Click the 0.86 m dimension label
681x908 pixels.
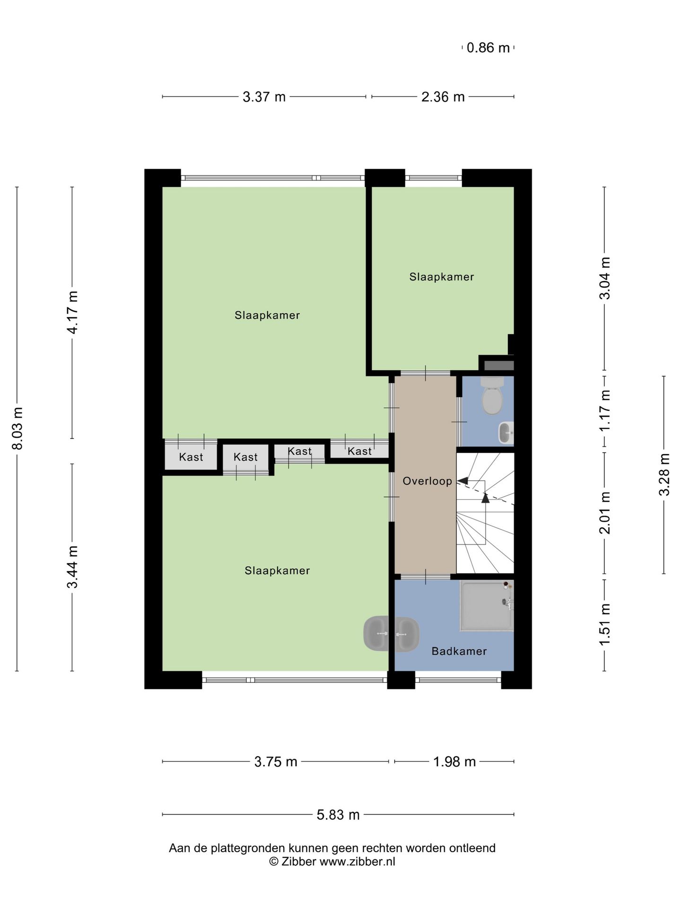point(488,48)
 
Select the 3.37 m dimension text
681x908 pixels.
point(264,97)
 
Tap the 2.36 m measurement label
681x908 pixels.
point(443,97)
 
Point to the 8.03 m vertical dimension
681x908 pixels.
point(17,428)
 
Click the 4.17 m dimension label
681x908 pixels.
point(72,312)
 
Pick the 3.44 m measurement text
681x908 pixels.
point(72,567)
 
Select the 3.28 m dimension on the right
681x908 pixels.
point(664,474)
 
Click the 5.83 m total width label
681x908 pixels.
point(338,815)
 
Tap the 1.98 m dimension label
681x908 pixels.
point(454,762)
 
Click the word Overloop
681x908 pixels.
point(427,481)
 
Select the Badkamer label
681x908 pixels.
point(459,651)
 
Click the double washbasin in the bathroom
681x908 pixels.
point(391,634)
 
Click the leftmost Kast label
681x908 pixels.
point(191,457)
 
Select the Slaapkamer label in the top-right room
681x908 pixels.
point(441,277)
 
